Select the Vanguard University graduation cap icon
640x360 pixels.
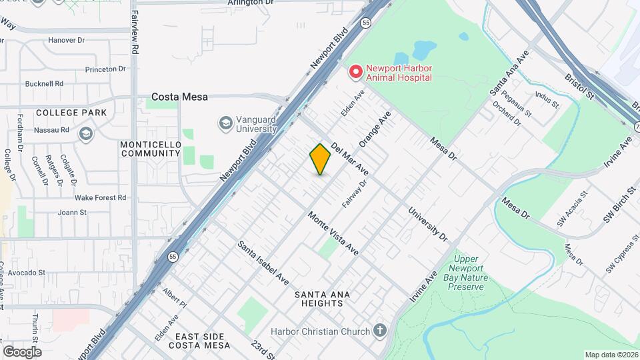click(225, 123)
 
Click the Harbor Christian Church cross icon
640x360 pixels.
click(380, 331)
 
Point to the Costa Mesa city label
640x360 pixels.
click(179, 97)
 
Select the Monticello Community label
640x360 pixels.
click(151, 149)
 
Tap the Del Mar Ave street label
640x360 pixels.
click(349, 157)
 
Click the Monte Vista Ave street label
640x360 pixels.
click(333, 234)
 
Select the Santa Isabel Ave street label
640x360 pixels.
click(263, 263)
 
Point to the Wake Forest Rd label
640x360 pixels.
click(101, 197)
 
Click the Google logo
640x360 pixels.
click(22, 352)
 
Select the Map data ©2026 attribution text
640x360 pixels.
click(611, 355)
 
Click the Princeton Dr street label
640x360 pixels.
click(105, 69)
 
